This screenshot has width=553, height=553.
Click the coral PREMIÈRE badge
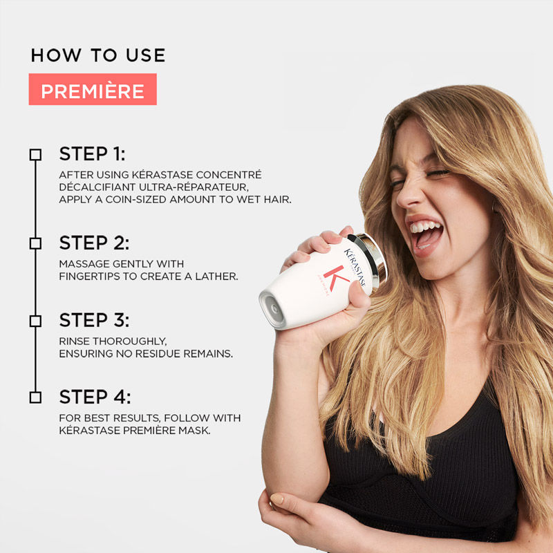[93, 90]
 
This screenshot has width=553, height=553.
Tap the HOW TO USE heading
[98, 55]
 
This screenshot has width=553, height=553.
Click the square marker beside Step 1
[35, 154]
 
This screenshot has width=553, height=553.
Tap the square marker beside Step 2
[35, 243]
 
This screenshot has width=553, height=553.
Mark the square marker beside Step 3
[35, 321]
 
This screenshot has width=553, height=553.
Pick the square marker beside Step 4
[35, 397]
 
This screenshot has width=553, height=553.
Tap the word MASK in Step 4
[196, 430]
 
